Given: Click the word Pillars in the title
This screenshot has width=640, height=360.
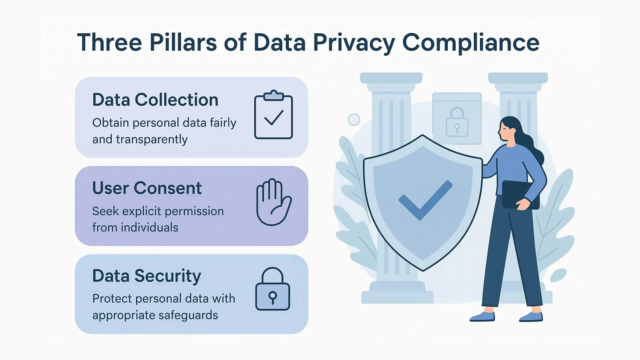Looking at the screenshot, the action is coord(183,43).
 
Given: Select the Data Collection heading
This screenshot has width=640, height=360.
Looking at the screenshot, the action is coord(155,100).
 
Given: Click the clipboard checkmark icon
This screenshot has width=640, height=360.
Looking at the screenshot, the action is coord(273,115).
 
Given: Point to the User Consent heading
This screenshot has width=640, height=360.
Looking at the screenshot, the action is coord(147,188).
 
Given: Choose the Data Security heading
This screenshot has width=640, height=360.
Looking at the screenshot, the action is coord(147,276).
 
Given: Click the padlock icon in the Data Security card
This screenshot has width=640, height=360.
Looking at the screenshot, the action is coord(273,290).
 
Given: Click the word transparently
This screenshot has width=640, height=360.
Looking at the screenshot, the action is coord(152,139).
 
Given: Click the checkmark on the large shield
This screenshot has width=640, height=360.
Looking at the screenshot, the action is coord(425,200).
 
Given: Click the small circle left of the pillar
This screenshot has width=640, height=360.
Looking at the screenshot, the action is coord(354,119).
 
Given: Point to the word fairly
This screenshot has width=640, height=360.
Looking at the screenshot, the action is coord(223,123).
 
